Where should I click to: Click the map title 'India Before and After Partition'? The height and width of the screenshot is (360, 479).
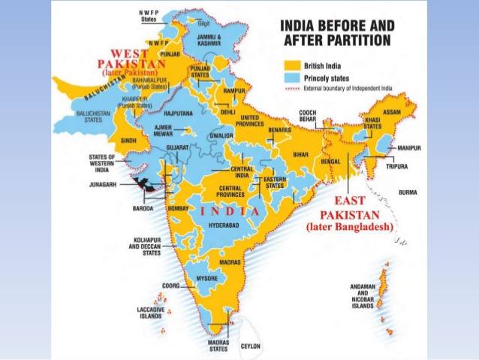pos(337,32)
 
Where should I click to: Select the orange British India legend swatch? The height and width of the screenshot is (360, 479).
pos(292,65)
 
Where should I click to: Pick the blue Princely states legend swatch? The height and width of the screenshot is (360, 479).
pos(292,77)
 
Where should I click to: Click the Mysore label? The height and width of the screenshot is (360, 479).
pos(206,279)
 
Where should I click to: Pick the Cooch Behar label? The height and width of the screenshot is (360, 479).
pos(315,116)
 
